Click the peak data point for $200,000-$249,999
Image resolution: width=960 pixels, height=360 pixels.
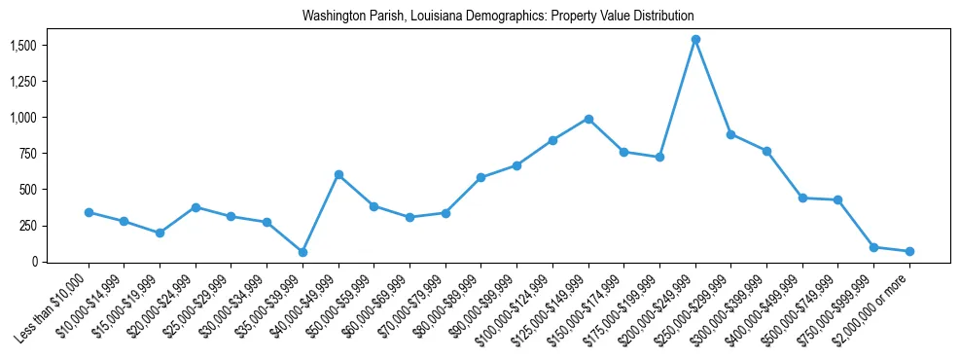(695, 40)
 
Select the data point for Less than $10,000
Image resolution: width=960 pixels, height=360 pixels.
(89, 212)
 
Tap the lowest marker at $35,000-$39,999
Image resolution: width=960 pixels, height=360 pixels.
(302, 252)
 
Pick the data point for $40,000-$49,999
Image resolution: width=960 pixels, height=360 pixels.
(338, 174)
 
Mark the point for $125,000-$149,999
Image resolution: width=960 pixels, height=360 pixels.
(588, 119)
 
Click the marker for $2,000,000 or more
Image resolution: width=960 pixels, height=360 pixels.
(909, 251)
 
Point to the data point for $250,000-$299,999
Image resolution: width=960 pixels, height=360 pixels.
(730, 134)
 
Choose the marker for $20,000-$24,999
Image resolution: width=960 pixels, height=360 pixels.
(196, 207)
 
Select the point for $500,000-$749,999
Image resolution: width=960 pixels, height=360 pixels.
(837, 199)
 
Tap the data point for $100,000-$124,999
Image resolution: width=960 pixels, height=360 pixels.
(552, 140)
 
